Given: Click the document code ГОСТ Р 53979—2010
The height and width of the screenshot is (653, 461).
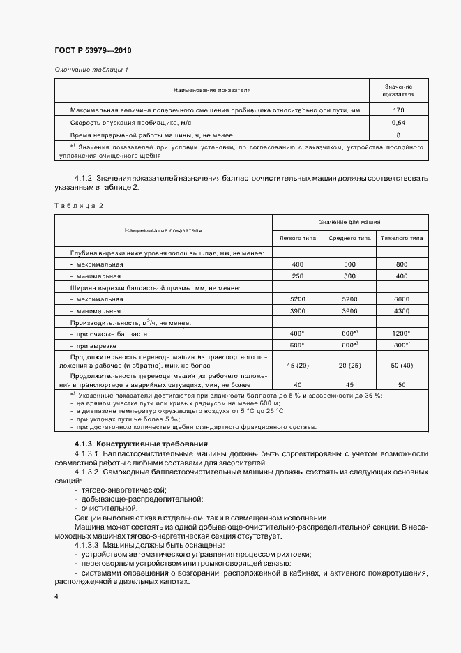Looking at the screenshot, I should coord(92,51).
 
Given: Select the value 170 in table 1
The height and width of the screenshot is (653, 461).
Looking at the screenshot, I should coord(398,110).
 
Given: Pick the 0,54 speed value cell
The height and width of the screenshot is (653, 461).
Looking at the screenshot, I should coord(398,122).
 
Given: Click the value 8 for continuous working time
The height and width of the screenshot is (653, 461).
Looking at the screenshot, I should coord(398,135).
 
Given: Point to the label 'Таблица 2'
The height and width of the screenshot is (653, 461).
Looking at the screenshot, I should coord(78,206).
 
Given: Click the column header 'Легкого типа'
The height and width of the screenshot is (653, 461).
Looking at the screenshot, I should coord(297,238).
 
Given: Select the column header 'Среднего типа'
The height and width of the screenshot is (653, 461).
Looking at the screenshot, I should coord(349,238).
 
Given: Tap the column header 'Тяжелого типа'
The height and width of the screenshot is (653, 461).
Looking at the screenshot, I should coord(401,238).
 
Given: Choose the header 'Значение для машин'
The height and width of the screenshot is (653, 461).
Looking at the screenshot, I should coord(349,221).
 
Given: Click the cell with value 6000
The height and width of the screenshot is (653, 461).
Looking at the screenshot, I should coord(401,299).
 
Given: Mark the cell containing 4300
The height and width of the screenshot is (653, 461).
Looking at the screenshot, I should coord(401,310).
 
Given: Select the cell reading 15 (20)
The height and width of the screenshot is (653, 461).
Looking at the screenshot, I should coord(297,366).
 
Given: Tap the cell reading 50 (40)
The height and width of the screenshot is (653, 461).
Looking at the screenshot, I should coord(401,366).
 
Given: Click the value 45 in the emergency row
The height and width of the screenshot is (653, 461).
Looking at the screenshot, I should coord(349,384).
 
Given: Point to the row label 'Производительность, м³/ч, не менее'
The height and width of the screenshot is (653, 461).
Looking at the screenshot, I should coord(122,322).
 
